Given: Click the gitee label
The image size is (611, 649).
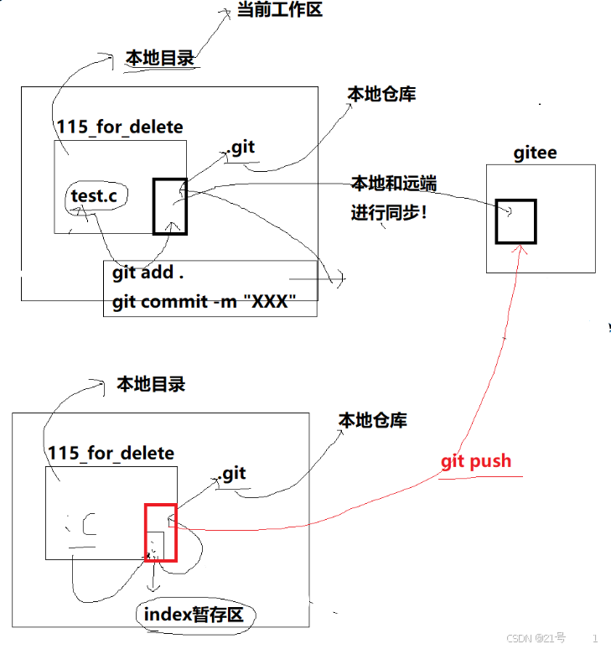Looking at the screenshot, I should (x=535, y=153).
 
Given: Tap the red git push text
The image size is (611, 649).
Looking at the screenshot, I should (x=475, y=461).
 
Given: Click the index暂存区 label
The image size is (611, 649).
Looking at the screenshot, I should (x=194, y=615).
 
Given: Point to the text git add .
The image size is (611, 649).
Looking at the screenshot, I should (x=148, y=273).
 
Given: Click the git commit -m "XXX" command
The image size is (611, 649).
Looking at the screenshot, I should (x=204, y=301).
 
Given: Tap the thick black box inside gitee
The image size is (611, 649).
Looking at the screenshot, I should (x=515, y=221).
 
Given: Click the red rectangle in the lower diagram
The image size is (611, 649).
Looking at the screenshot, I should (x=160, y=532).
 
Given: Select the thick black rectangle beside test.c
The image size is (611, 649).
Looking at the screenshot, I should (x=169, y=206).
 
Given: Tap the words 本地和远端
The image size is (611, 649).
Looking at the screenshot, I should (x=393, y=184).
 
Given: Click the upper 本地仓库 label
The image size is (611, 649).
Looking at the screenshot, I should (x=381, y=94).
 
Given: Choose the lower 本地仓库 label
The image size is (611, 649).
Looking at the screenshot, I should (x=372, y=420).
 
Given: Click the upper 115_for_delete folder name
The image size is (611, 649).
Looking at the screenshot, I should (x=120, y=127).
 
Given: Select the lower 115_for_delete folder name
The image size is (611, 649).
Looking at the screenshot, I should (x=111, y=454).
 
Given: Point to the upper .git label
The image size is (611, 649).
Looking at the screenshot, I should (x=240, y=148).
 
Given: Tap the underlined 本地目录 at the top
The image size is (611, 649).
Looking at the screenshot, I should (x=159, y=58).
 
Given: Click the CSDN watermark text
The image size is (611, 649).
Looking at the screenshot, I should (x=536, y=638).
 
